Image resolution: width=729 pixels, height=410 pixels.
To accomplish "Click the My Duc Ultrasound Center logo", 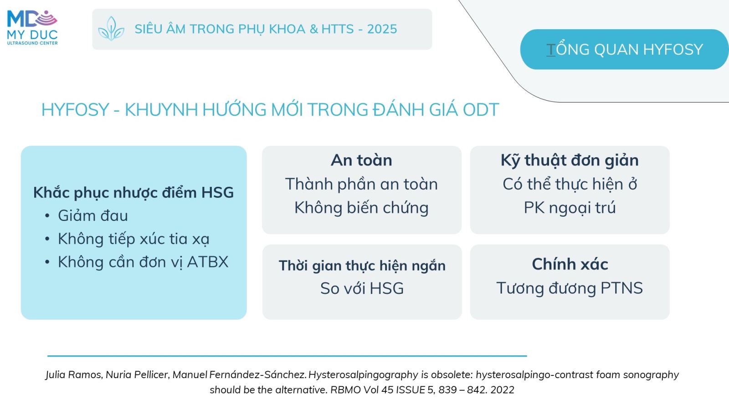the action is click(x=32, y=28).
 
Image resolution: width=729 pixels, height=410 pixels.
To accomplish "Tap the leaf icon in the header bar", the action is click(x=111, y=29).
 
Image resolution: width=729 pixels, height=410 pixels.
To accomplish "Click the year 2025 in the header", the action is click(x=382, y=29).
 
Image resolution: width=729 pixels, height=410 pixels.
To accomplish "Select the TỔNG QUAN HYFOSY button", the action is click(x=624, y=50).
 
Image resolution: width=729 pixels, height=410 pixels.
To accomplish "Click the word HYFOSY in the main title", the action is click(x=75, y=110).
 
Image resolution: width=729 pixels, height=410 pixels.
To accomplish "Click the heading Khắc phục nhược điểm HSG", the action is click(x=133, y=192).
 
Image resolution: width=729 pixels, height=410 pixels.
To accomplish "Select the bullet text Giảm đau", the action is click(x=93, y=215).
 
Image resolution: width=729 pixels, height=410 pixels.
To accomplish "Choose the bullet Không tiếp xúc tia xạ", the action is click(x=133, y=239).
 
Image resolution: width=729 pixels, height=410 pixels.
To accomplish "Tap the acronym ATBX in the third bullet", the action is click(x=208, y=262).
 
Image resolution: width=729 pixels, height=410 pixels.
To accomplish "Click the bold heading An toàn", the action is click(x=362, y=160).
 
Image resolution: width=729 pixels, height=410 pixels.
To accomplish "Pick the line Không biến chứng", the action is click(x=362, y=208).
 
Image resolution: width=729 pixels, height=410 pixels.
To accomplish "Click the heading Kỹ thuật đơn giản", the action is click(x=570, y=160).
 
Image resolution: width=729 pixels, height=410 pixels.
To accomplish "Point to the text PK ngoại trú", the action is click(x=570, y=208).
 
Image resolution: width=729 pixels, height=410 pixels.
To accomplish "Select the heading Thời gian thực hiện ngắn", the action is click(x=362, y=266).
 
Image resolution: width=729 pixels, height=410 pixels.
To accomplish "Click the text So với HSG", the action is click(x=362, y=288).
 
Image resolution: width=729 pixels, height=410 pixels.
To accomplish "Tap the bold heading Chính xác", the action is click(x=570, y=264).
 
